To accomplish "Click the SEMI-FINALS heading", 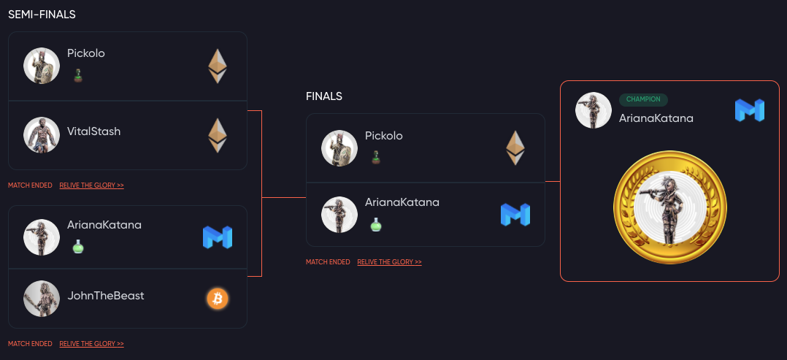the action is click(42, 15).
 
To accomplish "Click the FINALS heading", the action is click(323, 96).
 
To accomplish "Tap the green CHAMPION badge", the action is click(643, 99).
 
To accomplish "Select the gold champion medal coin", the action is click(669, 207).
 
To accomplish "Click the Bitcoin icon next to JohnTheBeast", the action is click(218, 298).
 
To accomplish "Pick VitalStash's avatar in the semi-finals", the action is click(42, 135).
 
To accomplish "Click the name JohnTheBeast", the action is click(105, 296).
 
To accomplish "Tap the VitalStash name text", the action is click(93, 131).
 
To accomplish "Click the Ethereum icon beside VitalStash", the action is click(218, 136).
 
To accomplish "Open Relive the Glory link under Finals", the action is click(390, 262).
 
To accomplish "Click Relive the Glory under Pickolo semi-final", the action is click(91, 185).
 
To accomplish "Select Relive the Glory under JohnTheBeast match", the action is click(91, 344).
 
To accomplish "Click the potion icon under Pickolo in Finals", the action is click(375, 158).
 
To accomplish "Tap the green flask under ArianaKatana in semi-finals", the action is click(78, 246).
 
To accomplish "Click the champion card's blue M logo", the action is click(749, 110).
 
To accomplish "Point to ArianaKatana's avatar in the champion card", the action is click(594, 110).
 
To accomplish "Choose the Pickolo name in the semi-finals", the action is click(86, 53).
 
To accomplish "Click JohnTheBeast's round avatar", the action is click(42, 298).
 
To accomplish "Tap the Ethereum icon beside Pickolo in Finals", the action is click(515, 148).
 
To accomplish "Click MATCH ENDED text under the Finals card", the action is click(328, 262).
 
